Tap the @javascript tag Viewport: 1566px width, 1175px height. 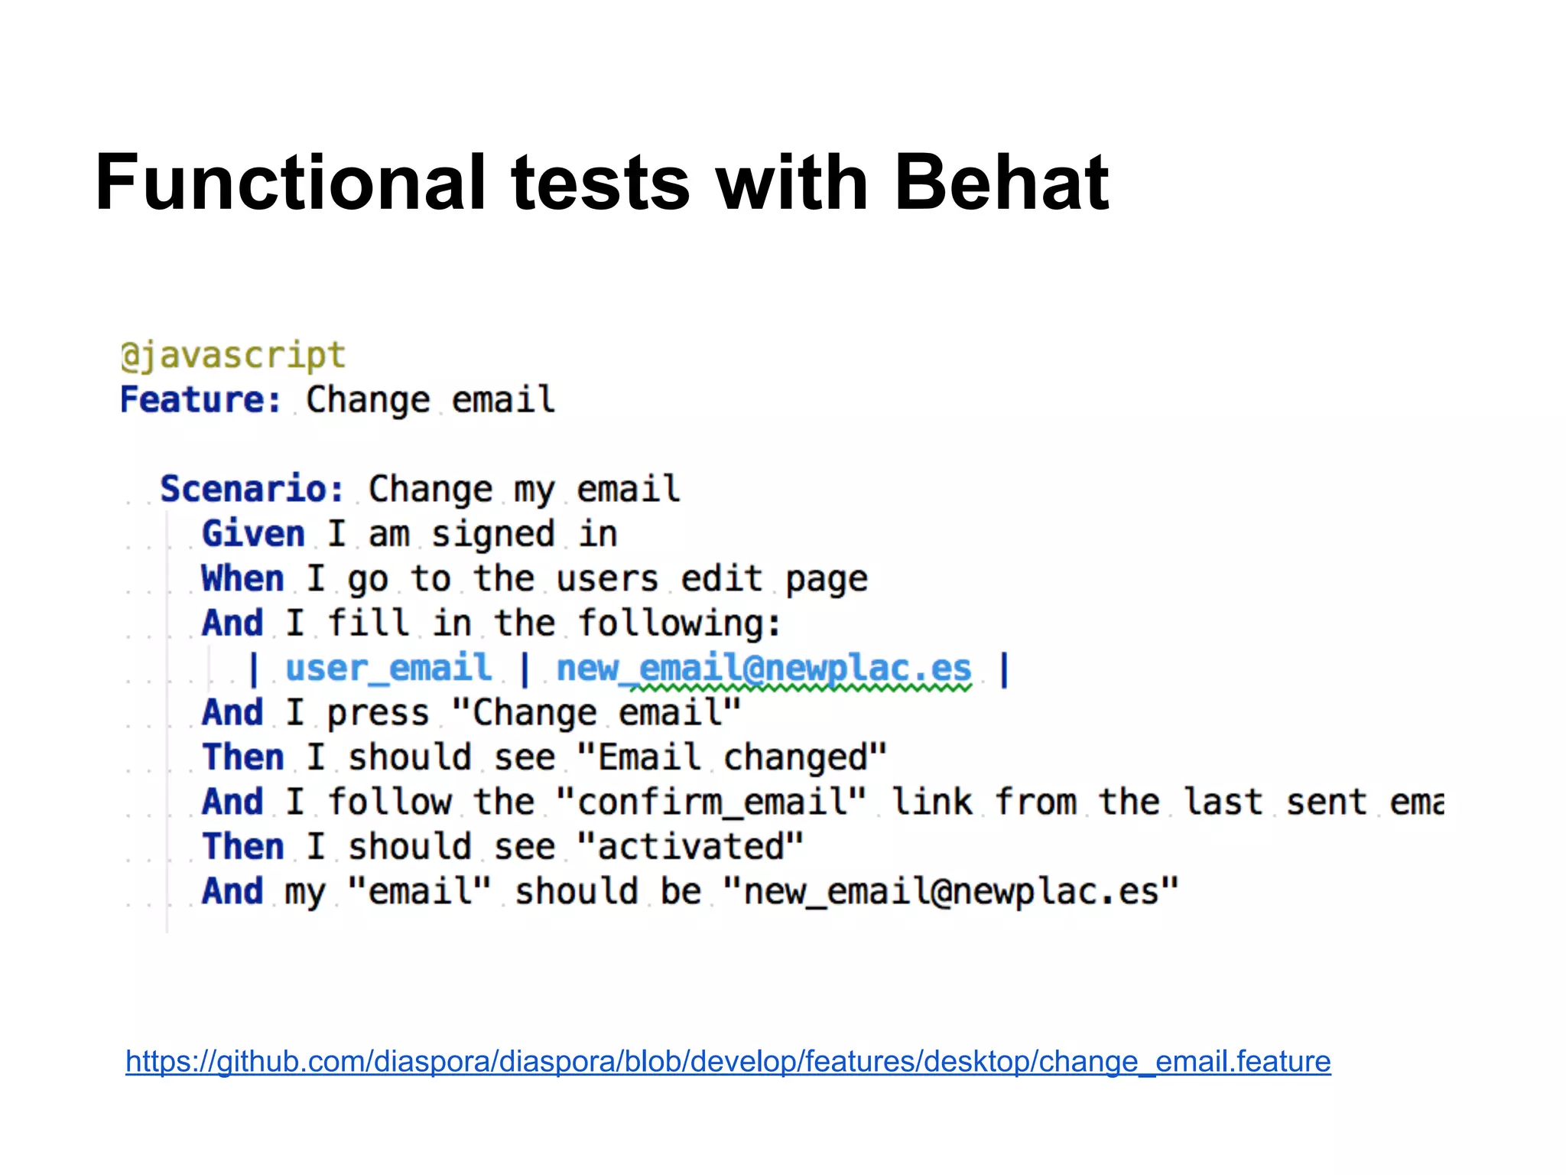pos(233,356)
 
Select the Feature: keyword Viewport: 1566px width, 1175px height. pos(200,400)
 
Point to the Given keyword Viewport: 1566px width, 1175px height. pos(253,534)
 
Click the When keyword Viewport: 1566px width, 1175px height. pos(242,579)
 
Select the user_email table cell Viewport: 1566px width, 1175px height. pos(388,669)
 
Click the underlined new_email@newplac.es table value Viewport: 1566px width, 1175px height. pos(764,669)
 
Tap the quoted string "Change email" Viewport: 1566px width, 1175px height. pos(596,713)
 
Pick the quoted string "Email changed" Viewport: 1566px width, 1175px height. pos(732,757)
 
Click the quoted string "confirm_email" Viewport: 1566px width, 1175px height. pos(711,802)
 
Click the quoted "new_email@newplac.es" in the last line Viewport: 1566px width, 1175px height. pos(950,892)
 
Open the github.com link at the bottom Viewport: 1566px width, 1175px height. pos(728,1062)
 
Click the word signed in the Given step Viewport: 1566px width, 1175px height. pos(492,534)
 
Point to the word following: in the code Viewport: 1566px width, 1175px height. pos(680,623)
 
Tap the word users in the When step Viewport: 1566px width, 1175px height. pos(607,579)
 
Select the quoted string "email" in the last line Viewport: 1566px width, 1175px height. pos(419,892)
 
